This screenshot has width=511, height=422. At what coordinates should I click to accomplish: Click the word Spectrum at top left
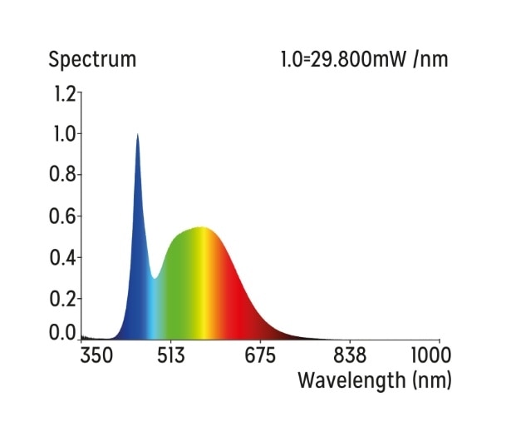coord(92,60)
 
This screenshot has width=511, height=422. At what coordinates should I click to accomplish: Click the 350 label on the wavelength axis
coord(96,356)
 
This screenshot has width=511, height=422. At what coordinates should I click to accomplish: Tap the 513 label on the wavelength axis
coord(170,356)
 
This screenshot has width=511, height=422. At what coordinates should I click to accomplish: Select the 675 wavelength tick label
coord(259,356)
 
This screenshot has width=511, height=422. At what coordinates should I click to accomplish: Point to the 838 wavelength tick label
coord(350,356)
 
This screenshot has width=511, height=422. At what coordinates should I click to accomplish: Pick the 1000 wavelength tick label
coord(432,356)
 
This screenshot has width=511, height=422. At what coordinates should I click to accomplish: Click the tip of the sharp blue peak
coord(137,135)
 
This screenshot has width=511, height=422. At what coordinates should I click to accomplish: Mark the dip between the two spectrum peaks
coord(155,277)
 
